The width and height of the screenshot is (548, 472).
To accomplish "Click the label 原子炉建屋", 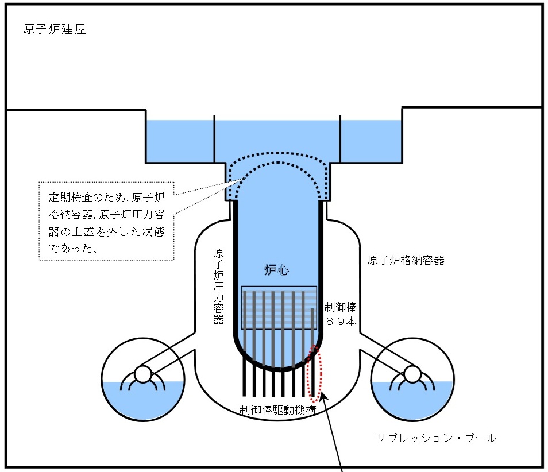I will click(55, 29).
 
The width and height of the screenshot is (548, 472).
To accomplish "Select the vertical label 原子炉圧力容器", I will click(218, 286).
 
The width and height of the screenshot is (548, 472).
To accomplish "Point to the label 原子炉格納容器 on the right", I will click(406, 260).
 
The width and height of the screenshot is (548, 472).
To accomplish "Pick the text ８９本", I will click(341, 322).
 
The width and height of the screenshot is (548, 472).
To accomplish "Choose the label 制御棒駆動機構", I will click(277, 410).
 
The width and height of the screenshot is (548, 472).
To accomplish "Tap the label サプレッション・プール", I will click(436, 438).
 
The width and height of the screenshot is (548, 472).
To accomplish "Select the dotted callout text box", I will click(106, 221).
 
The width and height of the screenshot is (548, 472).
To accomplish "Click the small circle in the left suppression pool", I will click(141, 374).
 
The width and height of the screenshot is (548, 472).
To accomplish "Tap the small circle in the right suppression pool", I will click(411, 374).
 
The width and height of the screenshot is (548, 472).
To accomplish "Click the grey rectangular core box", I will click(279, 307).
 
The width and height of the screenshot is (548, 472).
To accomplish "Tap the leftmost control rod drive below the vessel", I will click(245, 376).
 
